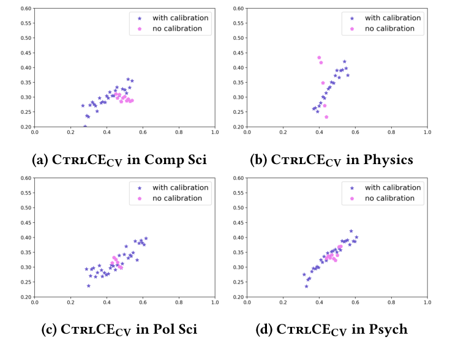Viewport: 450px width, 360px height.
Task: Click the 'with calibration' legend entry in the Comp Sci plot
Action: [x=180, y=18]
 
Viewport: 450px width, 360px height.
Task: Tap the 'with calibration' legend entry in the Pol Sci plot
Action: [x=180, y=188]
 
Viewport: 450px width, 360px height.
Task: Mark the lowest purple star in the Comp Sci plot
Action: [x=85, y=126]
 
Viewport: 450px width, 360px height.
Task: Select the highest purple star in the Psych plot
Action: [x=351, y=231]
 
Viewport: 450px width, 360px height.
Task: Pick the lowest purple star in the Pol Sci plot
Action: [x=89, y=285]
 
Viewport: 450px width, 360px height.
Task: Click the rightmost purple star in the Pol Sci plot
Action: [x=146, y=238]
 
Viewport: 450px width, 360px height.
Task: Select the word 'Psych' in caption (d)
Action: [x=389, y=330]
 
